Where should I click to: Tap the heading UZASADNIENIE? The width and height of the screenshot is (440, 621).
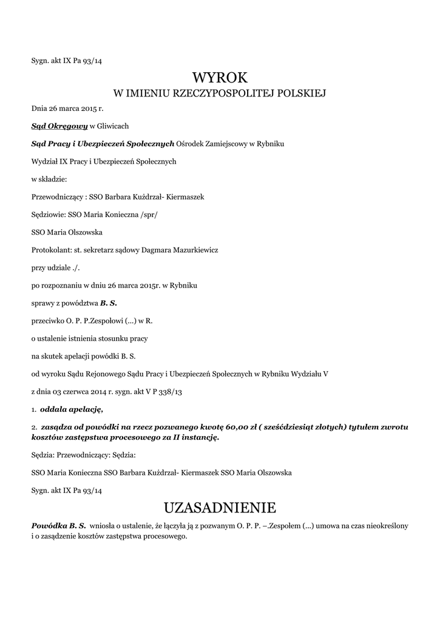[x=220, y=507]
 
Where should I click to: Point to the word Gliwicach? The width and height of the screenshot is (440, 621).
[x=113, y=126]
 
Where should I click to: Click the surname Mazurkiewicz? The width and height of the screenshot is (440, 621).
[x=195, y=249]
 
